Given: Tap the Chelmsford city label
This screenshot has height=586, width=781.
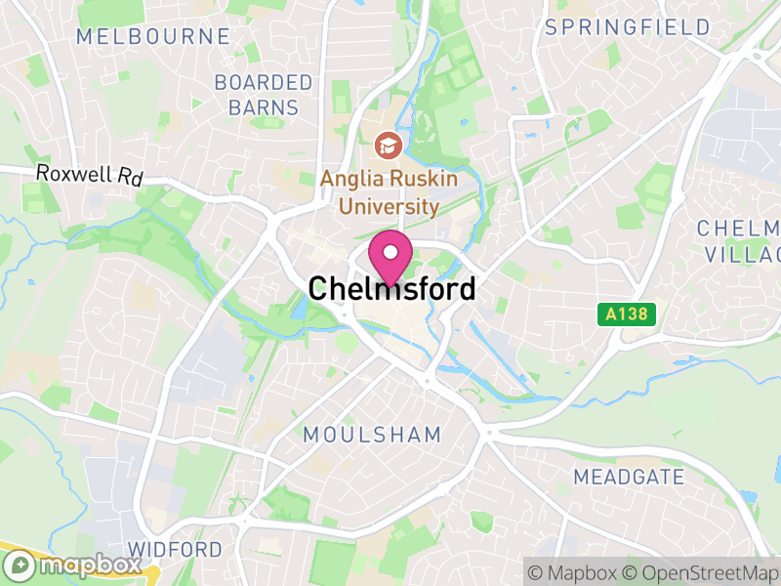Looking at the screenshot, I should [x=391, y=289].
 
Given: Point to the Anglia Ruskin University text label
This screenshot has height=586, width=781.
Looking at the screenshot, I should [x=380, y=192].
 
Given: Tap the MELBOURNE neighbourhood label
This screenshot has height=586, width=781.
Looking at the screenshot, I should [x=153, y=37].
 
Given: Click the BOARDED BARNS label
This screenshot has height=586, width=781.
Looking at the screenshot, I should [x=264, y=95].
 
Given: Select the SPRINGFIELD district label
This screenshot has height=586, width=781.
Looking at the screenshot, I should [x=628, y=27].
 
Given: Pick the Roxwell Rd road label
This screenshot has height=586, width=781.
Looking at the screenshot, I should [x=90, y=175].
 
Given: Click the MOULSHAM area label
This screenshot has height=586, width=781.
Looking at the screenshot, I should [x=372, y=435].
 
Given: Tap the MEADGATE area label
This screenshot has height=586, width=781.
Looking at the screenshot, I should [x=629, y=478].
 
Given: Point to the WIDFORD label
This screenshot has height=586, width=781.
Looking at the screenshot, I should [x=176, y=549].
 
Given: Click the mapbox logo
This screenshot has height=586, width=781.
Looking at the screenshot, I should [x=72, y=565].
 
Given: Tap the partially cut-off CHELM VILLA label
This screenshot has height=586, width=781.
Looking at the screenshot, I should [x=739, y=241].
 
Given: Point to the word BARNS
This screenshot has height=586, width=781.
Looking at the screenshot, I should [x=264, y=107].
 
